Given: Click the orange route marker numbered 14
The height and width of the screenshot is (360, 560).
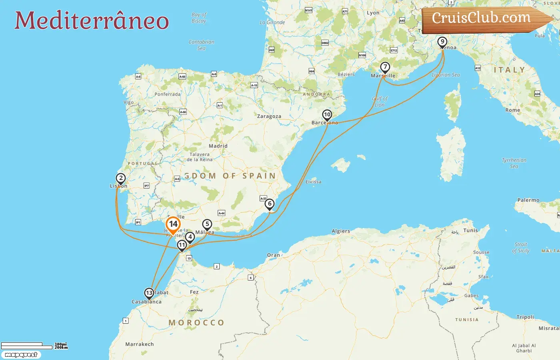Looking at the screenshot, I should (x=173, y=224).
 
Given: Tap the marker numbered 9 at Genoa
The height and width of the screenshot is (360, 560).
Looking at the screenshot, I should (x=442, y=42).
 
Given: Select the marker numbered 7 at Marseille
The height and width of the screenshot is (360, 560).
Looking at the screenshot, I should (x=385, y=67).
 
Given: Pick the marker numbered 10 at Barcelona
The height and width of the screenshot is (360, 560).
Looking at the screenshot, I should (x=327, y=115).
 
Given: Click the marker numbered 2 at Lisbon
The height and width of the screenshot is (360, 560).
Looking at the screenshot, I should (x=121, y=178).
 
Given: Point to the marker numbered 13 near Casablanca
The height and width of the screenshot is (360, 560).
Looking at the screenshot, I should (x=149, y=293).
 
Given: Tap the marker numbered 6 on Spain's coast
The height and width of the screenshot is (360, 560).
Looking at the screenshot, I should (x=270, y=204).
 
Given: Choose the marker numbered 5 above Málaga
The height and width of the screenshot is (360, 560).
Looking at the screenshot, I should (x=207, y=224).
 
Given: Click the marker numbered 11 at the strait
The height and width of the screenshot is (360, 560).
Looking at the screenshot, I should (x=182, y=245).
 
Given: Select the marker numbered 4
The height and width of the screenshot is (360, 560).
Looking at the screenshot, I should (x=190, y=237).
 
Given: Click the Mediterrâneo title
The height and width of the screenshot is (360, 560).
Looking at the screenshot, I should (x=92, y=20).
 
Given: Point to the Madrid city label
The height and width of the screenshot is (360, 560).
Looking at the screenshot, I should (x=218, y=146).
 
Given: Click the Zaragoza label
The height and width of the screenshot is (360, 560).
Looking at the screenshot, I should (x=269, y=116).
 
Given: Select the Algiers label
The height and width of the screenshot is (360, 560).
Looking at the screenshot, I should (x=341, y=231).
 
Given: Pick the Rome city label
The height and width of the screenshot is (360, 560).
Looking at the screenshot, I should (x=513, y=110).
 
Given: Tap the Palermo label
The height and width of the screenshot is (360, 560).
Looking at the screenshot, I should (x=528, y=200).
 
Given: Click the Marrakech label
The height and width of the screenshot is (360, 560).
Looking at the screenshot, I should (x=139, y=344).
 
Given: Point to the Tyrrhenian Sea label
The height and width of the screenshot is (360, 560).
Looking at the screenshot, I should (x=514, y=163).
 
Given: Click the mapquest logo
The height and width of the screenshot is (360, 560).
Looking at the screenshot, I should (x=21, y=355).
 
